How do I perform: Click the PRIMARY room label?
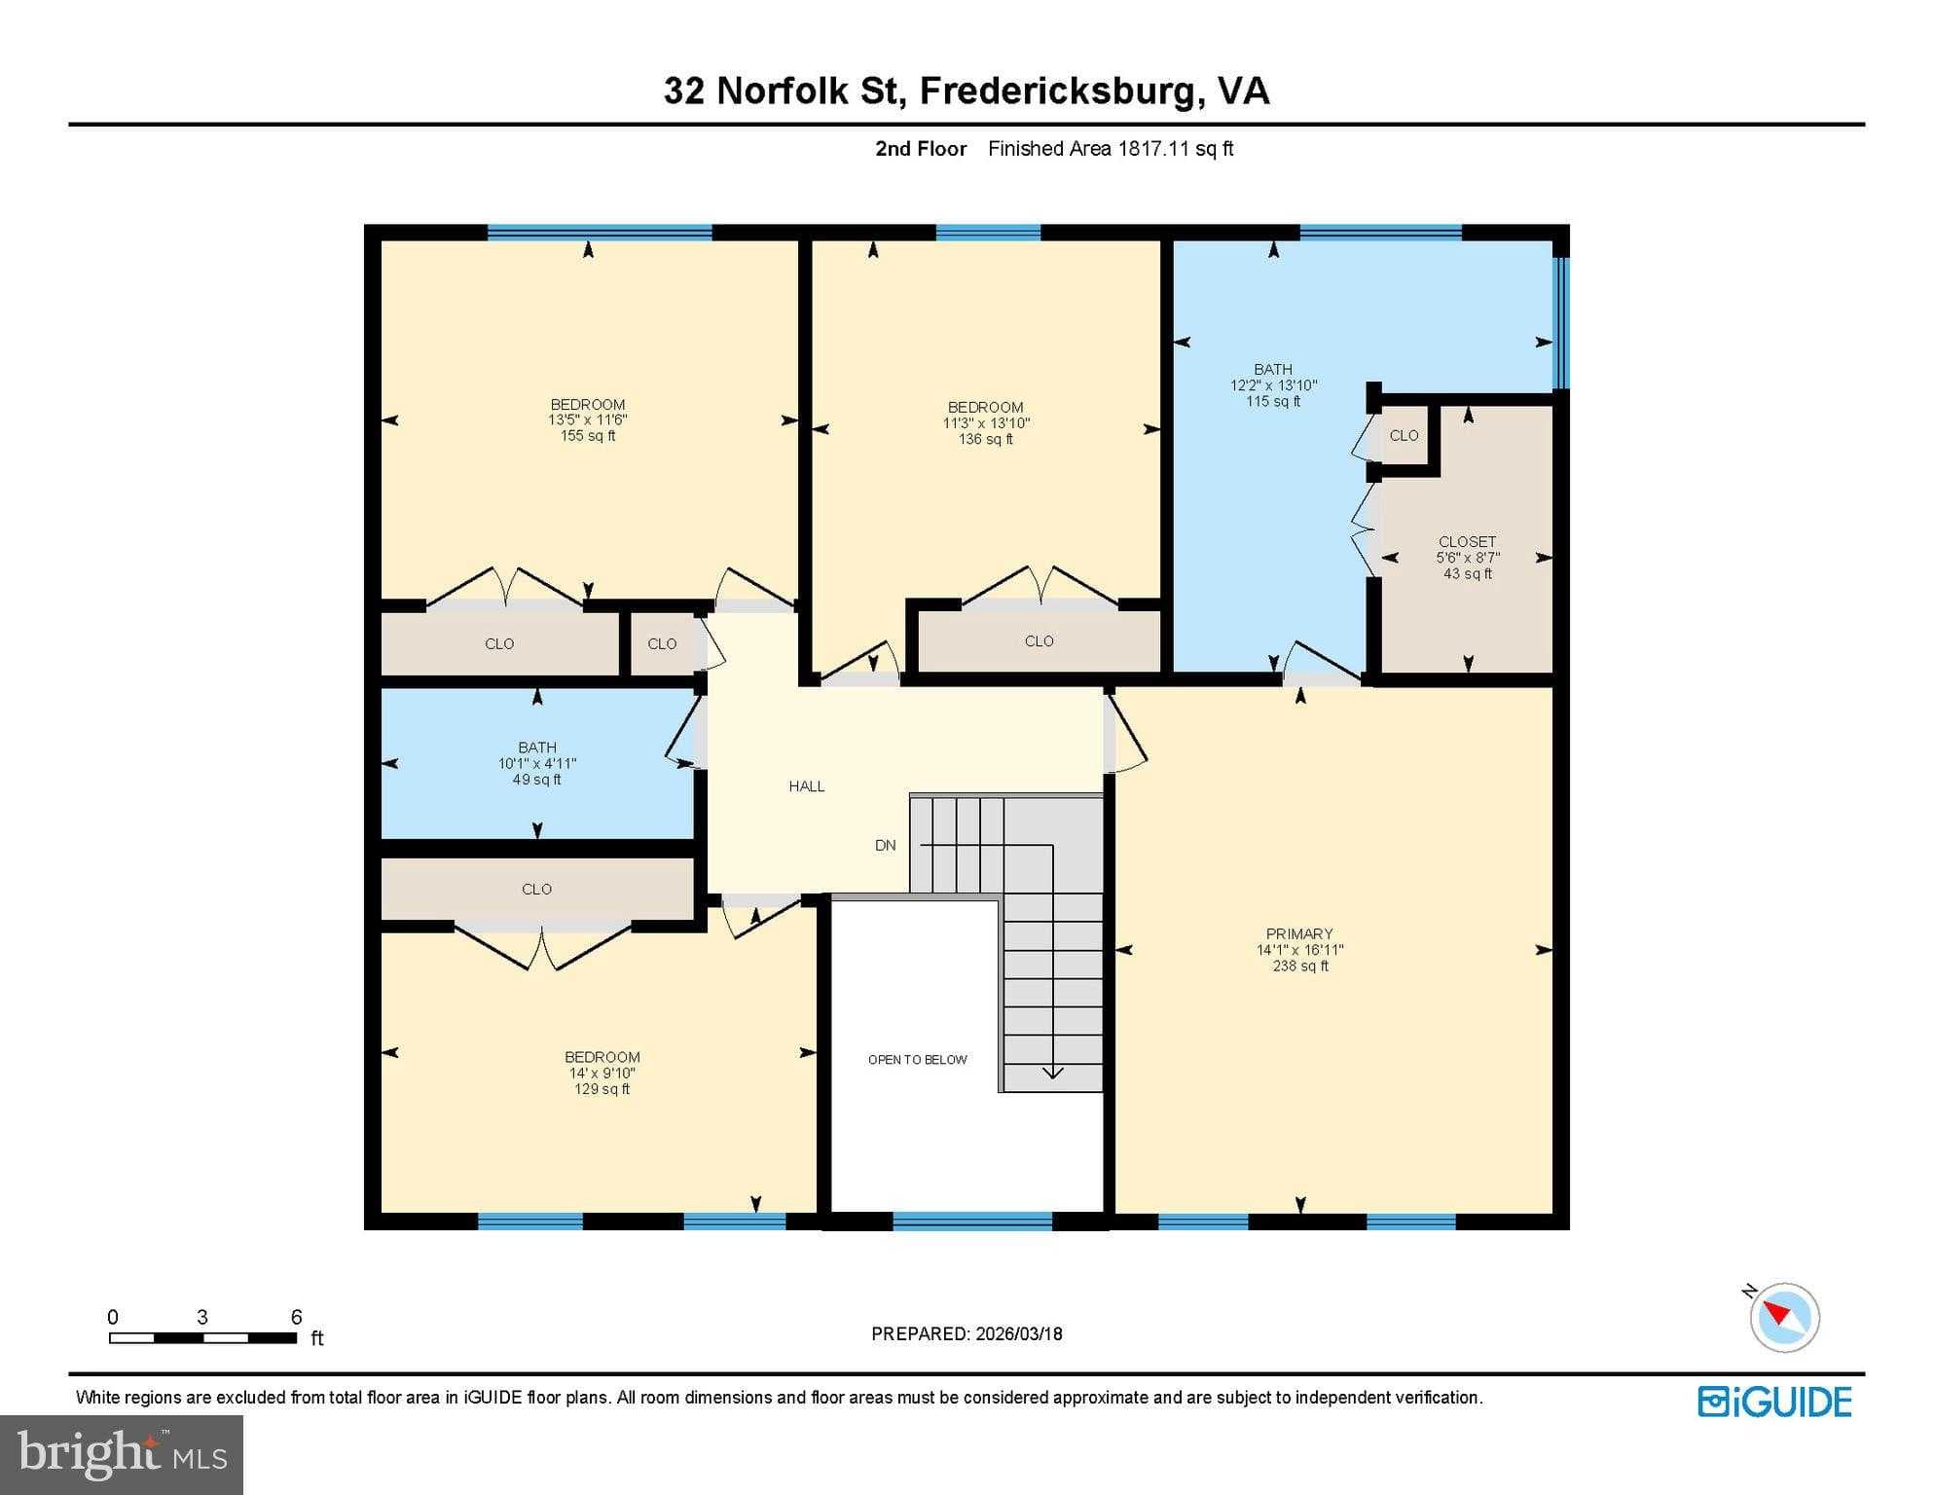pos(1299,933)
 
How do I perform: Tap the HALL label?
pos(807,786)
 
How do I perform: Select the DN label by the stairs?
pos(885,846)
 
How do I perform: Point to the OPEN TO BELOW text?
pos(917,1060)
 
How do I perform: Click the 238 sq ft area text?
pos(1300,966)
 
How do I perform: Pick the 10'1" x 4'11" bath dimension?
pos(537,764)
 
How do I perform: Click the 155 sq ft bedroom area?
pos(588,436)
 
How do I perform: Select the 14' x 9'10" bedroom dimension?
pos(602,1074)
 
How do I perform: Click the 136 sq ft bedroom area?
pos(985,439)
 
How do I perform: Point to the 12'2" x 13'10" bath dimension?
pos(1273,385)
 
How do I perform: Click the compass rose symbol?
pos(1784,1317)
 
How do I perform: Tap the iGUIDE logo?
pos(1774,1403)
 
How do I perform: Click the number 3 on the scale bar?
pos(202,1317)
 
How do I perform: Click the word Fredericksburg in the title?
pos(1058,91)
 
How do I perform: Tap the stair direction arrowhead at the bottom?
pos(1053,1074)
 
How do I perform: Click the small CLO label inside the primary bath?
pos(1404,435)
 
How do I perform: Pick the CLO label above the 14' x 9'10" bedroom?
pos(536,890)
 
